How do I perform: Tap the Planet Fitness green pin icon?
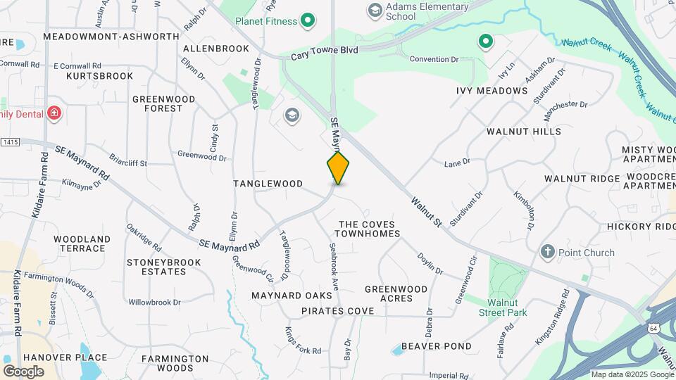click(307, 21)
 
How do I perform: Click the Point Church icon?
click(548, 253)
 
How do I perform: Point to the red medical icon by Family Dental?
click(54, 113)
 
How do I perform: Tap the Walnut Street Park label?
click(503, 307)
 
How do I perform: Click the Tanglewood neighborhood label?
click(268, 184)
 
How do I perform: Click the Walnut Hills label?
click(524, 132)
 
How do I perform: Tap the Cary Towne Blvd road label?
click(325, 51)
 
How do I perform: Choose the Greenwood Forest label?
click(157, 103)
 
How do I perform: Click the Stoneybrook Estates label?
click(164, 267)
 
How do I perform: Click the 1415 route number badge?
click(10, 142)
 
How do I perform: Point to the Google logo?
click(23, 371)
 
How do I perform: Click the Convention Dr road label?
click(434, 59)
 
